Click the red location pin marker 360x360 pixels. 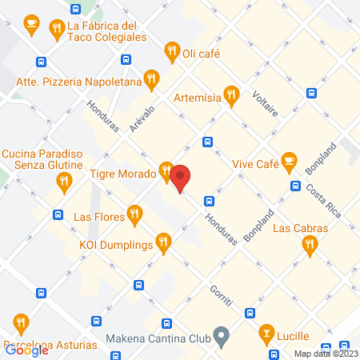[181, 178]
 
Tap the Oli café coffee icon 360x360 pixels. [171, 53]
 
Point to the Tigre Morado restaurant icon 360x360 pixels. [166, 170]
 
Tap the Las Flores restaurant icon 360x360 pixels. [134, 214]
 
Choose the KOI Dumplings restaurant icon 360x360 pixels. [164, 241]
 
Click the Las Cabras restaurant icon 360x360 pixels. [310, 247]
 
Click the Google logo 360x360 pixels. [27, 350]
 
